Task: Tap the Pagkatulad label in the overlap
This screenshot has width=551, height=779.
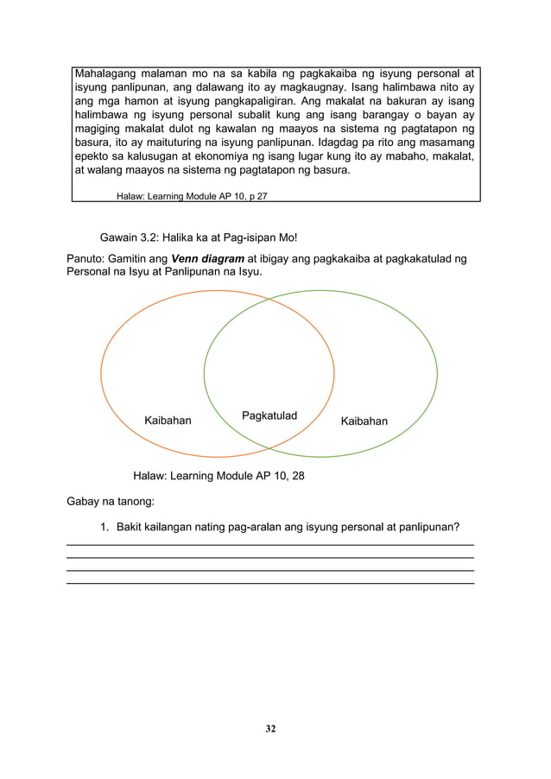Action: tap(268, 416)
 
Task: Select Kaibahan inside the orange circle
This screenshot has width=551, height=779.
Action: tap(168, 421)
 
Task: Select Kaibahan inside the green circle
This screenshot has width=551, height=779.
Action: tap(364, 421)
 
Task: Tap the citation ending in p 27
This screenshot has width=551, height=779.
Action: tap(192, 196)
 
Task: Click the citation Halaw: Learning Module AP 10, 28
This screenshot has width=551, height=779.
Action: tap(218, 476)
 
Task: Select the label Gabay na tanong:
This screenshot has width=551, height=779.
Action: tap(108, 501)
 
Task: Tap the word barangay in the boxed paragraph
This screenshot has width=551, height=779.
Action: tap(380, 120)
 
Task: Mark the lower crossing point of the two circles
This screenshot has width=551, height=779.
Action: tap(269, 447)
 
